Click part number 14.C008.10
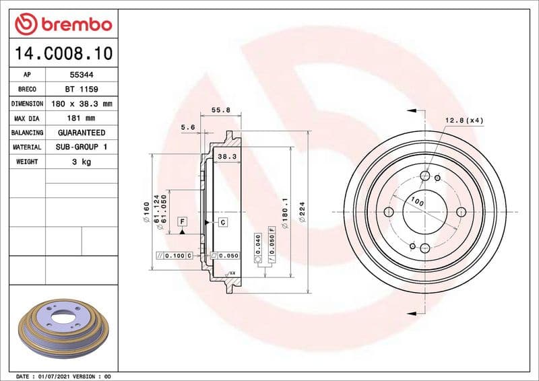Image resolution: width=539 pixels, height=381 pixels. click(x=61, y=53)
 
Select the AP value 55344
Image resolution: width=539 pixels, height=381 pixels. click(x=78, y=75)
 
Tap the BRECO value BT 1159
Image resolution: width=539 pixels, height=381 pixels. click(x=78, y=90)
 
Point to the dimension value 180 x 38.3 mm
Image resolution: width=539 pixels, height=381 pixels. click(x=78, y=104)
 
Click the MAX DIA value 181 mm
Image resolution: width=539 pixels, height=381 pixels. click(x=78, y=118)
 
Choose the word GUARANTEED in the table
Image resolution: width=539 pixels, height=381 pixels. click(x=78, y=133)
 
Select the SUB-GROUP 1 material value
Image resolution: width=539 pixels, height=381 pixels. click(x=78, y=147)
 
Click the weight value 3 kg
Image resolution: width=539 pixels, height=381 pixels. click(x=78, y=162)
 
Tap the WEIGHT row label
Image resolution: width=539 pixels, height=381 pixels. click(x=27, y=162)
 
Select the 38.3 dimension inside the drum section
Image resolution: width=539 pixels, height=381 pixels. click(x=225, y=156)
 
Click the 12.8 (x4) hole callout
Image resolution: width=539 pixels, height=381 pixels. click(x=464, y=120)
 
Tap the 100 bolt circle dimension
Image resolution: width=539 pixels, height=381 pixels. click(x=416, y=201)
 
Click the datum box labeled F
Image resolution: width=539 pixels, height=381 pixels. click(x=182, y=221)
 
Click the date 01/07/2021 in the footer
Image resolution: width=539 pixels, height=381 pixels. click(x=55, y=376)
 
